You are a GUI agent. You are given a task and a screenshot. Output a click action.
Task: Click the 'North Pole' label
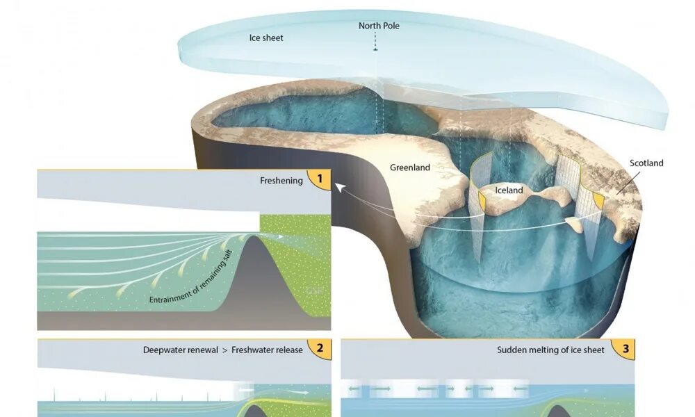[x=379, y=26]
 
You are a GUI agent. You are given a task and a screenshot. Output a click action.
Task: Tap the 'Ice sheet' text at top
[x=266, y=38]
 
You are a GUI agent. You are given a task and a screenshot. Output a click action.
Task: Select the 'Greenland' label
[x=409, y=167]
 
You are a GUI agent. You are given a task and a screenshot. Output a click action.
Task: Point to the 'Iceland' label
[x=509, y=190]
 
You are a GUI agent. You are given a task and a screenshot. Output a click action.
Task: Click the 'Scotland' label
[x=646, y=163]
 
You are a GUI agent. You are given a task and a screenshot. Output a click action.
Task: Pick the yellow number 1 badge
[x=320, y=180]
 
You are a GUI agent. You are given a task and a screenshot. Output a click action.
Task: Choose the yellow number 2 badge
[x=320, y=350]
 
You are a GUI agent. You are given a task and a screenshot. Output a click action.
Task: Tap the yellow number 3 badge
[x=625, y=350]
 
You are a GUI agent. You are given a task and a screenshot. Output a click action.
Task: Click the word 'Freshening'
[x=281, y=181]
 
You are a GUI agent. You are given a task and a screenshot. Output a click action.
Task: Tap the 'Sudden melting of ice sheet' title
[x=550, y=350]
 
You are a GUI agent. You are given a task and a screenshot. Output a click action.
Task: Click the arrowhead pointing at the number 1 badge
[x=338, y=186]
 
